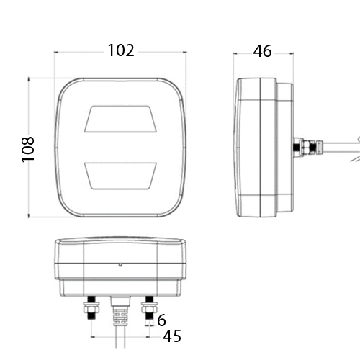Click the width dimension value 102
[121, 50]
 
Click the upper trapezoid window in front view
[120, 120]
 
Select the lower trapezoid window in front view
[120, 174]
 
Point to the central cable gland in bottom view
[121, 310]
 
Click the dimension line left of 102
[79, 52]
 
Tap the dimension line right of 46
[285, 52]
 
